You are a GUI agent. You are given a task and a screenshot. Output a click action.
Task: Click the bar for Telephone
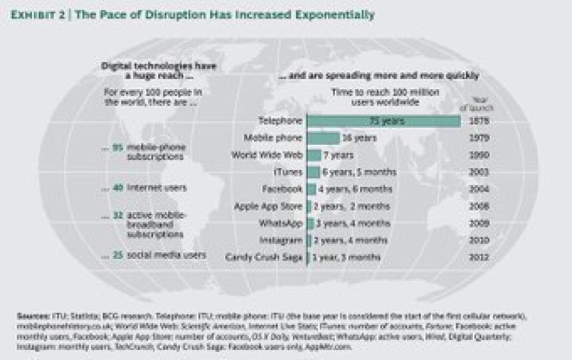pos(383,120)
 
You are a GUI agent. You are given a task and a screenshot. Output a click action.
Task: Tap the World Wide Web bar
pos(314,156)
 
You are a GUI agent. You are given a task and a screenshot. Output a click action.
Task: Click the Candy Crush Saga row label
pos(264,257)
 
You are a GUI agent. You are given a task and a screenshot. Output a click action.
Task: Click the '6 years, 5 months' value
pos(358,172)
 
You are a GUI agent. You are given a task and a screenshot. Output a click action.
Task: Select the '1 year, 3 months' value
pos(347,257)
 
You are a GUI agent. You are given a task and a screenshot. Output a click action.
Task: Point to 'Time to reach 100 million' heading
pos(385,92)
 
